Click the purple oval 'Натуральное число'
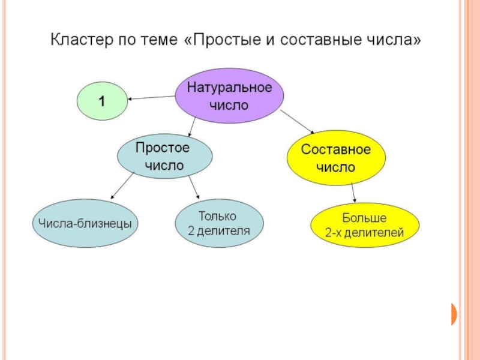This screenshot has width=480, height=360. click(x=229, y=96)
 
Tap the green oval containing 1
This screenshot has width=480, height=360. click(x=102, y=101)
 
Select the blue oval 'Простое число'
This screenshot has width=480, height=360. click(x=164, y=156)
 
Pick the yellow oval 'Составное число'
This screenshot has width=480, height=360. click(x=336, y=158)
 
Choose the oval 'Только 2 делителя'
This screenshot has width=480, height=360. click(x=218, y=223)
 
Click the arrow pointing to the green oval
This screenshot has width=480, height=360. click(x=151, y=97)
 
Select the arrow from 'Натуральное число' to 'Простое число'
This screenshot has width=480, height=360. click(x=190, y=126)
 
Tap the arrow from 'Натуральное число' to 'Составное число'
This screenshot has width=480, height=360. click(x=298, y=121)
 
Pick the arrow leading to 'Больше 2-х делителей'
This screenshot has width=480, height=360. click(x=353, y=192)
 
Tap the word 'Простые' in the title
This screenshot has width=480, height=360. click(x=222, y=41)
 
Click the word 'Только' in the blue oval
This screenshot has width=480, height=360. click(x=217, y=216)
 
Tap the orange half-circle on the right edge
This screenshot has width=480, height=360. click(x=454, y=314)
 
